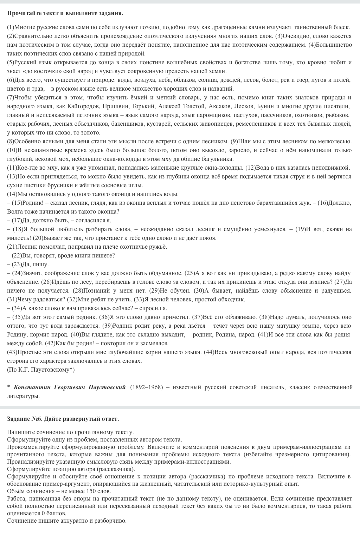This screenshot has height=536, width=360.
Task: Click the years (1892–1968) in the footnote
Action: point(147,387)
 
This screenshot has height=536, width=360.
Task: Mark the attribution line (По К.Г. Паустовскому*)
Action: point(41,370)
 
